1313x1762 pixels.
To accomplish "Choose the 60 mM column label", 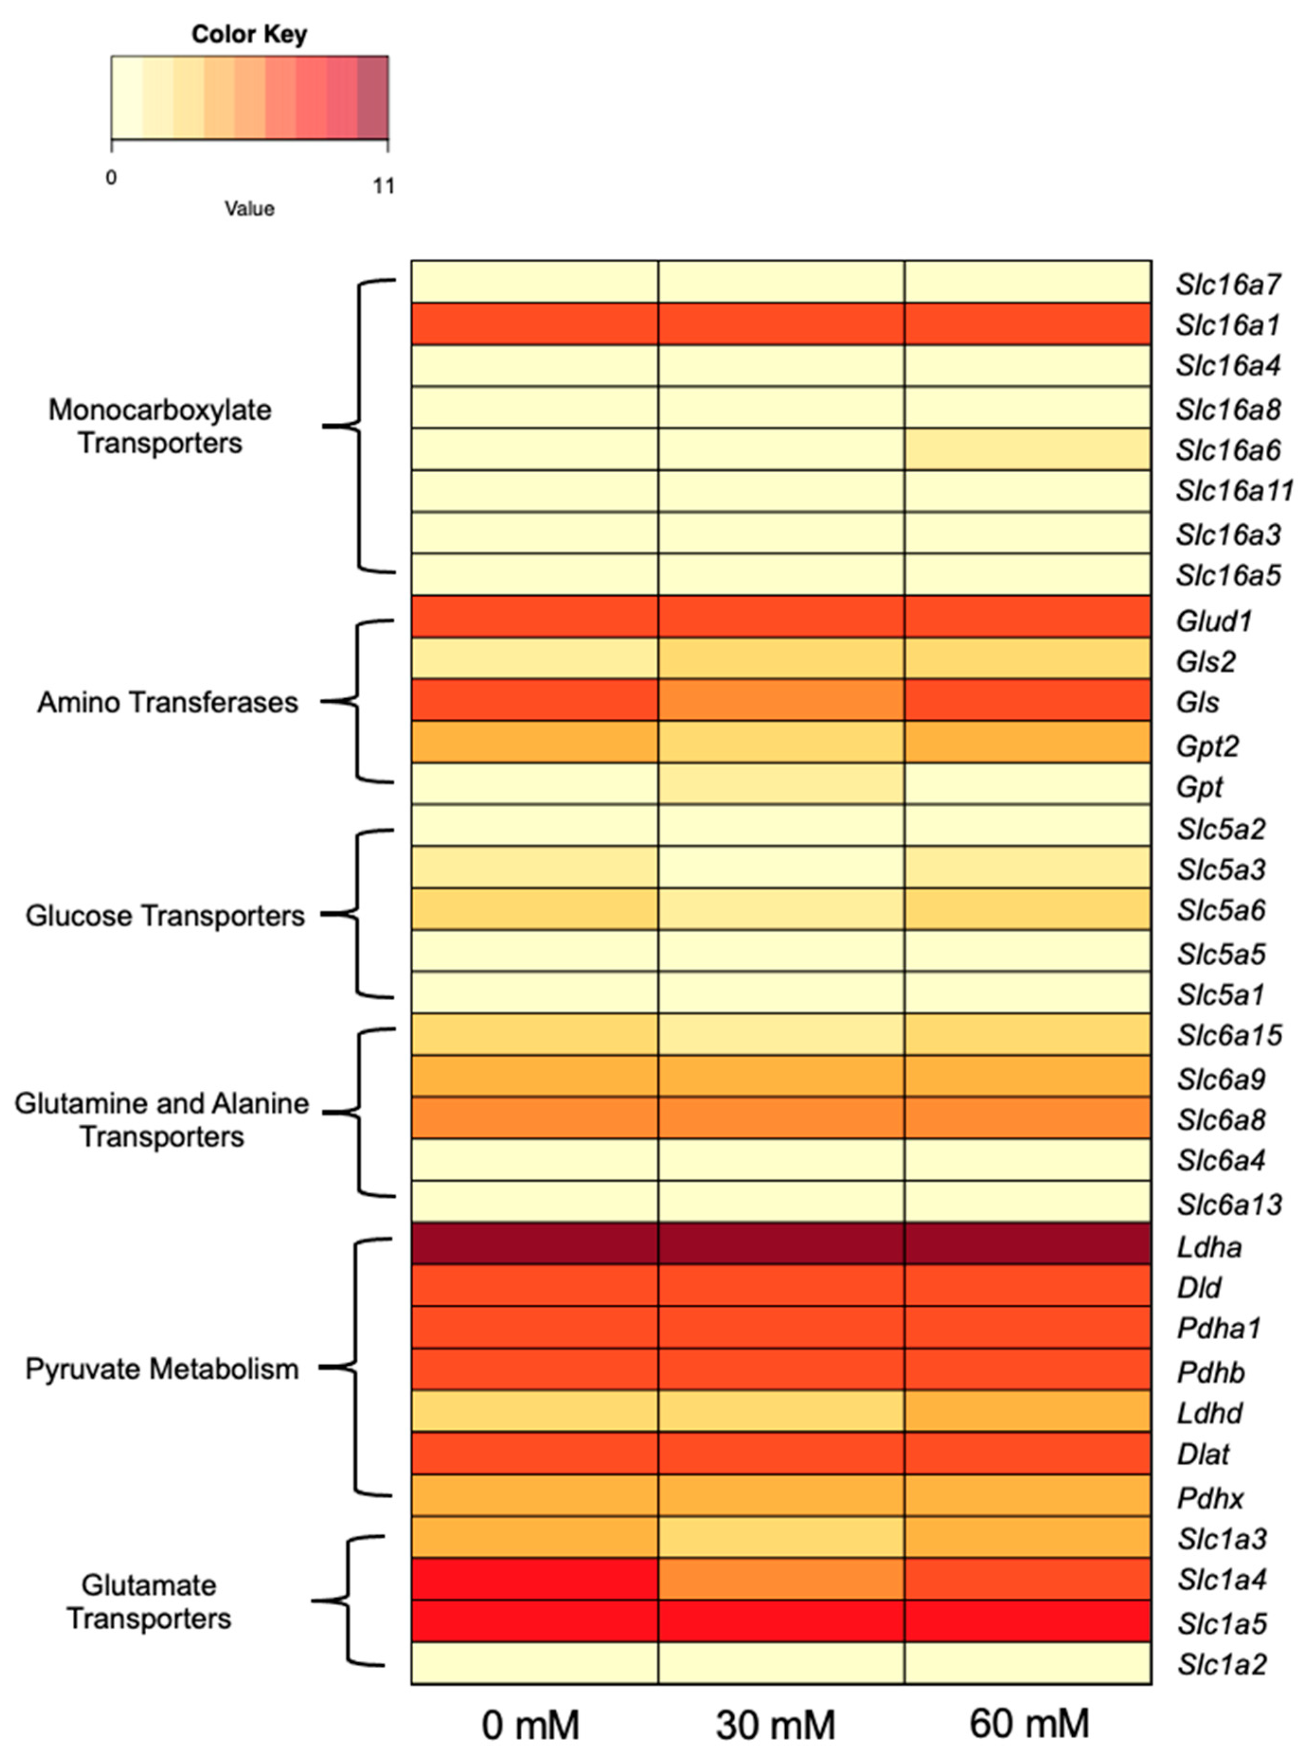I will (1029, 1723).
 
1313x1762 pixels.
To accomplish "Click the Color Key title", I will (249, 34).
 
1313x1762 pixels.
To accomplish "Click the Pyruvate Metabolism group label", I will (162, 1369).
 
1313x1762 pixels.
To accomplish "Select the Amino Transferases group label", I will (168, 703).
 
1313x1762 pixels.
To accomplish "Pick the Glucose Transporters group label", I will (165, 916).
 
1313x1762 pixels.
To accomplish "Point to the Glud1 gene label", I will (1214, 621).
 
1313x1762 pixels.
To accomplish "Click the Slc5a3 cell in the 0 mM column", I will (534, 867).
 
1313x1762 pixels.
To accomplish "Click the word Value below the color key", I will (249, 209).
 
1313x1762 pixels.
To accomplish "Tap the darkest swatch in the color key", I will (372, 97).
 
